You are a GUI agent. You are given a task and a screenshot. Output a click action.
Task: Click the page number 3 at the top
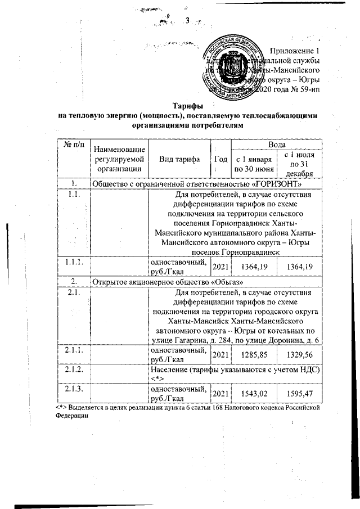[x=187, y=21]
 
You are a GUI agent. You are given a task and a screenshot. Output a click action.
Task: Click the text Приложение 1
[x=295, y=51]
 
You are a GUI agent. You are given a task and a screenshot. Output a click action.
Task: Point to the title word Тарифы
[x=187, y=106]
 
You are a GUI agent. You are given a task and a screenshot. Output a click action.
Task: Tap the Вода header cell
[x=275, y=145]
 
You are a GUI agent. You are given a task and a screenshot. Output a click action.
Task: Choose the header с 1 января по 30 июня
[x=255, y=164]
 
